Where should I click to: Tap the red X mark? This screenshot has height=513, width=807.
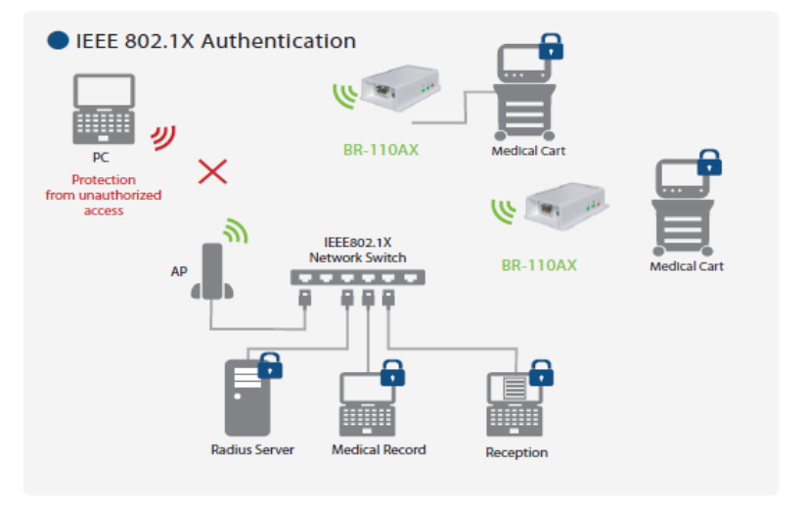point(212,171)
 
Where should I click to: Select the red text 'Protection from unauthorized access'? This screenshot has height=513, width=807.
point(103,195)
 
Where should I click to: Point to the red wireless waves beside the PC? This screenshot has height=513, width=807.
point(162,137)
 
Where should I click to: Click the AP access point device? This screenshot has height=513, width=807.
point(211,271)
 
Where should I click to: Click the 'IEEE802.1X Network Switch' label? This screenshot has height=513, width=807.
point(357,251)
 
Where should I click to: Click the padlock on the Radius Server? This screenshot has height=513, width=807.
point(270,367)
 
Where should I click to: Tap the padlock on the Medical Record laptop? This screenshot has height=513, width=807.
point(392,373)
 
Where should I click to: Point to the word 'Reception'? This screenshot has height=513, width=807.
point(516,452)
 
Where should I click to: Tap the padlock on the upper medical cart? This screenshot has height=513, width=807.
point(553,45)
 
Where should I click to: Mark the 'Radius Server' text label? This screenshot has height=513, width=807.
point(252,449)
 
